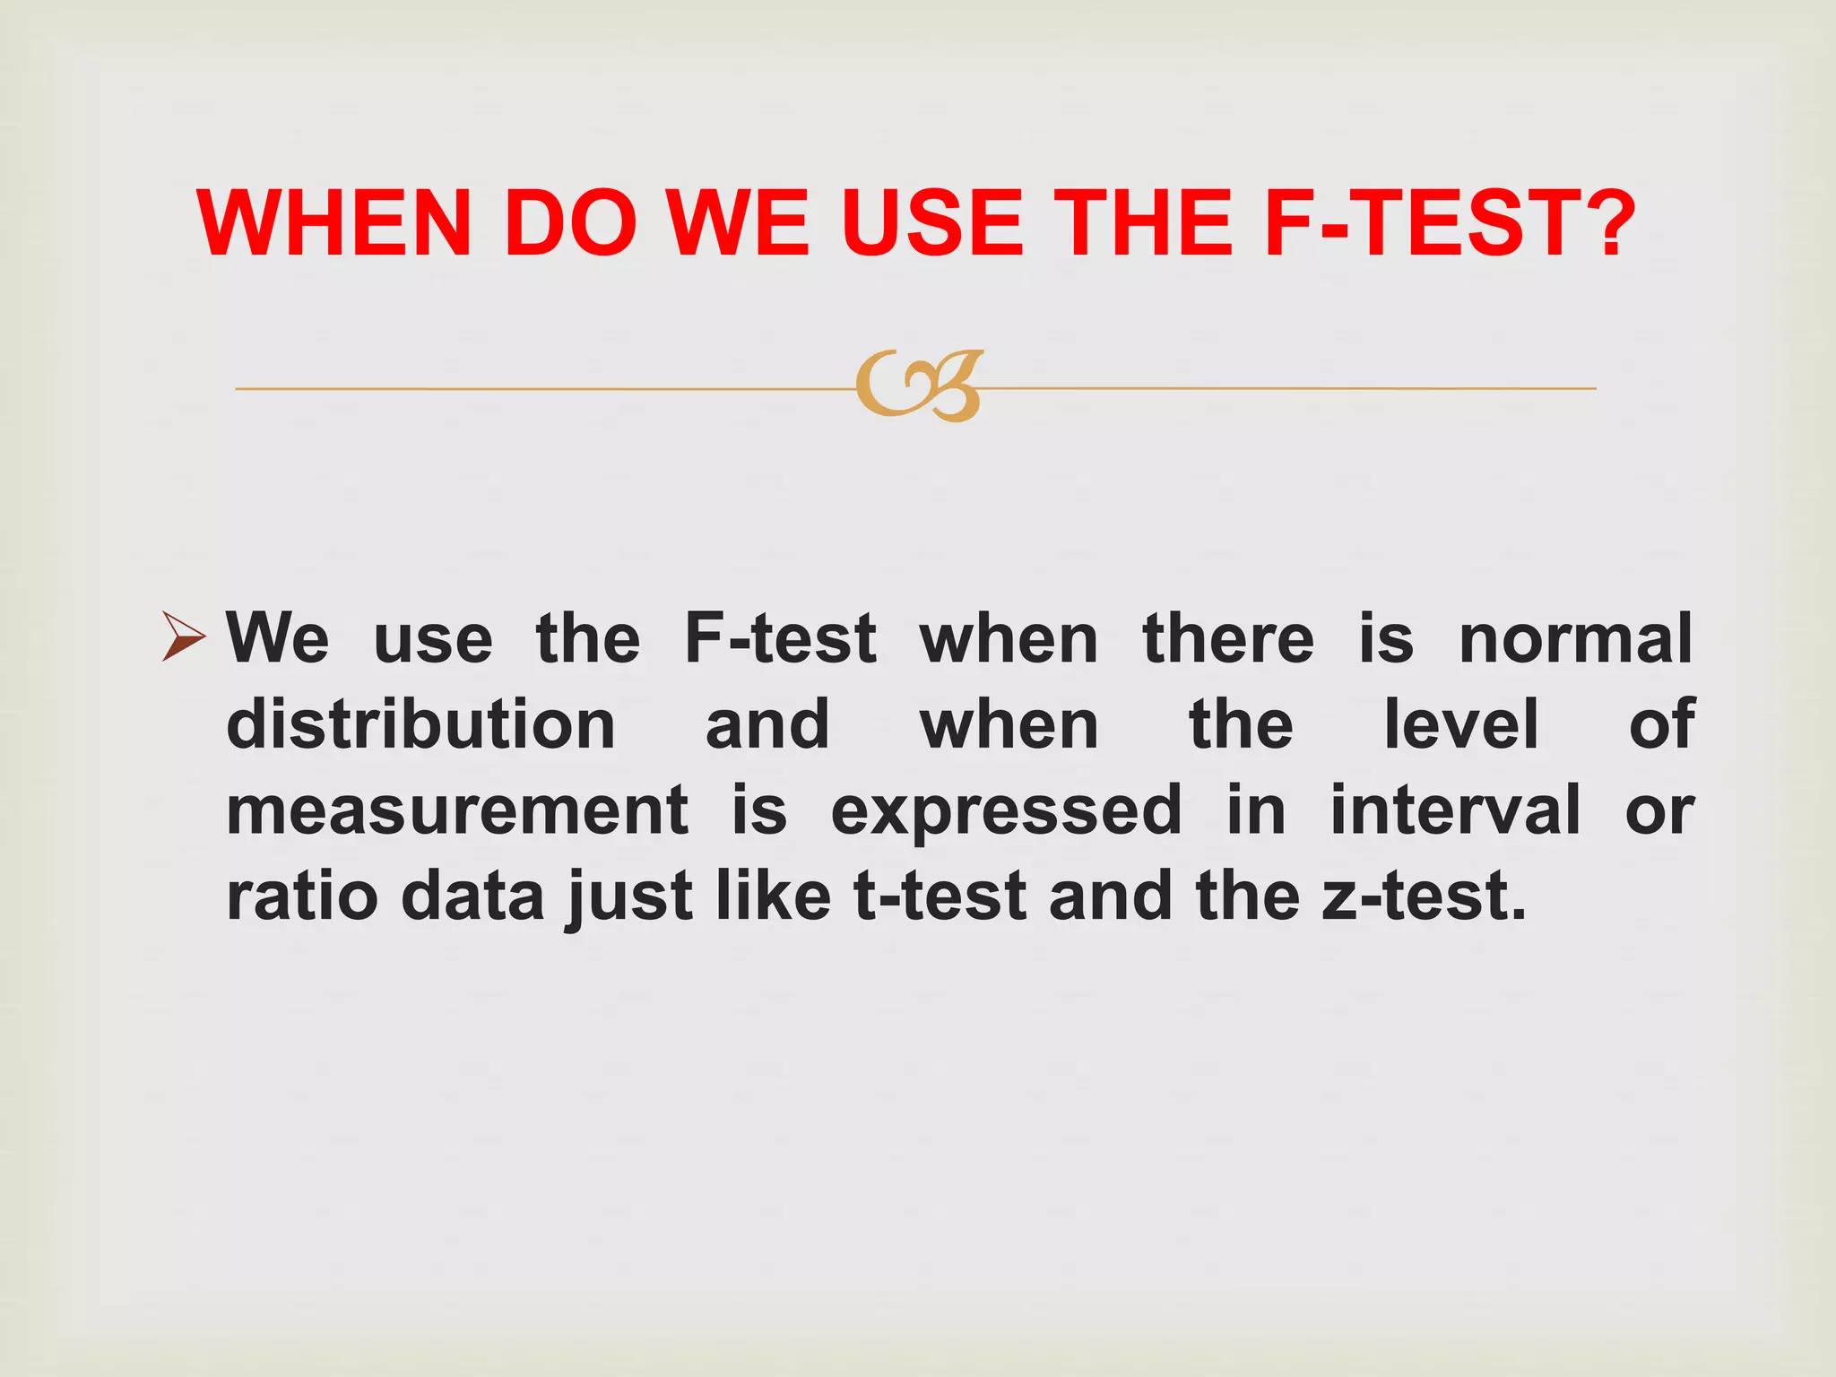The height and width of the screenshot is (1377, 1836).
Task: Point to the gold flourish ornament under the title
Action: pos(919,386)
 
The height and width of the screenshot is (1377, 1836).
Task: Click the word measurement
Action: pos(457,810)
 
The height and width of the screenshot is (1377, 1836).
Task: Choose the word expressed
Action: pos(1006,812)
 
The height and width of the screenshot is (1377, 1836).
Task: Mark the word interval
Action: pos(1455,810)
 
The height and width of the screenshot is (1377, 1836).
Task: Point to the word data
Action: pos(472,896)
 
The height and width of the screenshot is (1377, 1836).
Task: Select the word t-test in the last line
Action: pos(940,896)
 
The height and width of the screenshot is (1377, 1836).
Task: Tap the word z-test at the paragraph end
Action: pos(1423,896)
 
